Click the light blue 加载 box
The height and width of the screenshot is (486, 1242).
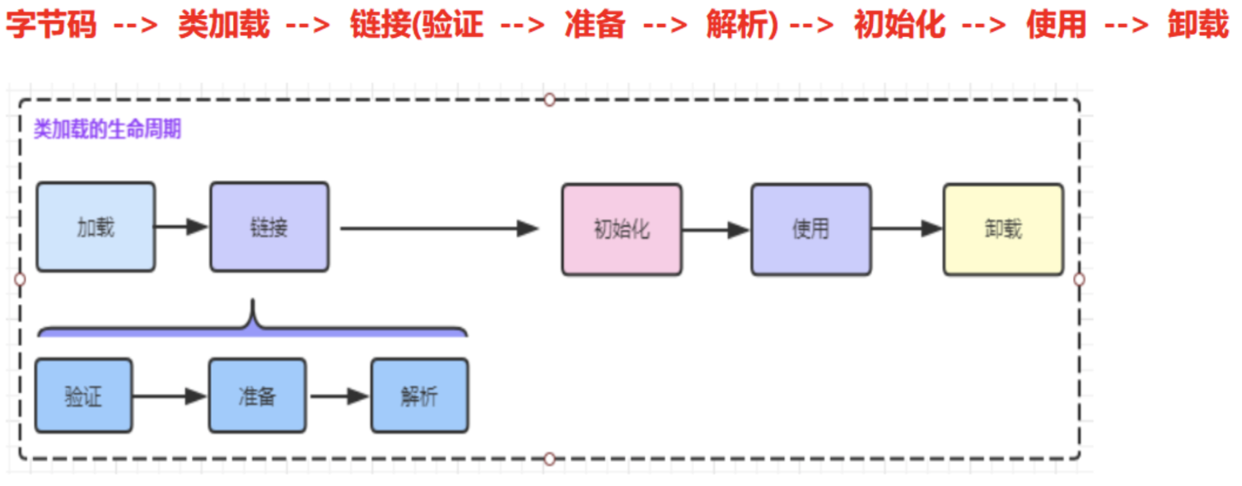[96, 227]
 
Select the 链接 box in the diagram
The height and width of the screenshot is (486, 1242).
[269, 227]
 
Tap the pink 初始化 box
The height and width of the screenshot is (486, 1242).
[622, 229]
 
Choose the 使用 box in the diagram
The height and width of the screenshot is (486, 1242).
[810, 229]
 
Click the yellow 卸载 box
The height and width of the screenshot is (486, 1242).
[1003, 229]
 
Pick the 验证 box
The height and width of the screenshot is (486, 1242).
[83, 396]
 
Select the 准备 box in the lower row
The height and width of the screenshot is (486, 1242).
[257, 396]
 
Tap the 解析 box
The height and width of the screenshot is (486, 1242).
[419, 396]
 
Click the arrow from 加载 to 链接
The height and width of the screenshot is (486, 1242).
[182, 227]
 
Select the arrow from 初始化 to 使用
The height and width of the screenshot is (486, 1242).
[716, 230]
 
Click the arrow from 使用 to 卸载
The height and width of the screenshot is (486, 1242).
[907, 229]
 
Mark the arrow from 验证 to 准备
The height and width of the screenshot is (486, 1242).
[170, 397]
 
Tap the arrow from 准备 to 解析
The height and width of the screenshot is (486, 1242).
[339, 397]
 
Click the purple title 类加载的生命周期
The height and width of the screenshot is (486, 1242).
[107, 130]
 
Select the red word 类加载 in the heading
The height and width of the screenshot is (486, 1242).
[223, 26]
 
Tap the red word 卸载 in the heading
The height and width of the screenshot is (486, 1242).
[1198, 26]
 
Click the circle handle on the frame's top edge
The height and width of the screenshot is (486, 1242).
[549, 100]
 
